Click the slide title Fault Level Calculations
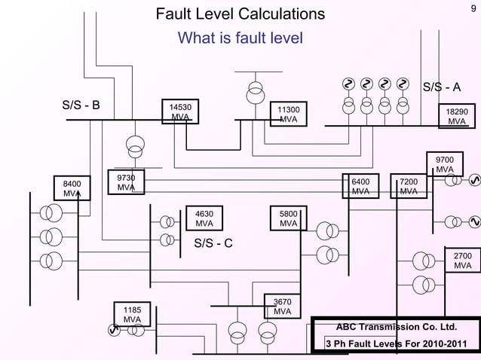240,14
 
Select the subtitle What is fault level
240,38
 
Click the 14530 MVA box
179,113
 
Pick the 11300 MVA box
288,115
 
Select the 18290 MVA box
457,115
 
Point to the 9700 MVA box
445,164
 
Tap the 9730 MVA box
126,182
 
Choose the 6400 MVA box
361,187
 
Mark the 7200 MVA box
409,187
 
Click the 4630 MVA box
204,218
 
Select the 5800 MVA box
288,218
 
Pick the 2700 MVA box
462,261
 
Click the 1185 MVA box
132,314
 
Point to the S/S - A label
441,87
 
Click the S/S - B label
81,105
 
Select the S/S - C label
213,243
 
